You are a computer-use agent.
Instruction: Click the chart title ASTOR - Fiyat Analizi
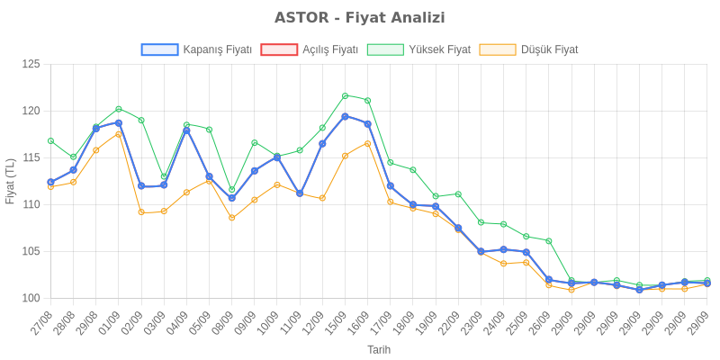pos(360,18)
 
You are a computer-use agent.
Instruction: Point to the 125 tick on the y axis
pos(31,64)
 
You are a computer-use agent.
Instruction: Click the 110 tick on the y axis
pos(31,204)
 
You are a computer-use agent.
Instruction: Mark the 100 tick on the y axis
pos(31,298)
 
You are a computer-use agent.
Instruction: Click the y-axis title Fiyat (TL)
pos(11,181)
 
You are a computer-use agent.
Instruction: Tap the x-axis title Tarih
pos(378,348)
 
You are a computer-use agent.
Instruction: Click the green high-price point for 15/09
pos(345,95)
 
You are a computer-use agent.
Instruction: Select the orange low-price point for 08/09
pos(231,218)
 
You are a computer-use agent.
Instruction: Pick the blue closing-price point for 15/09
pos(345,116)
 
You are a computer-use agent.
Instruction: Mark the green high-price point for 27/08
pos(50,140)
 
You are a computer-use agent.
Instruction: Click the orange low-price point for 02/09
pos(141,212)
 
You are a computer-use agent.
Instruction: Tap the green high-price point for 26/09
pos(548,241)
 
